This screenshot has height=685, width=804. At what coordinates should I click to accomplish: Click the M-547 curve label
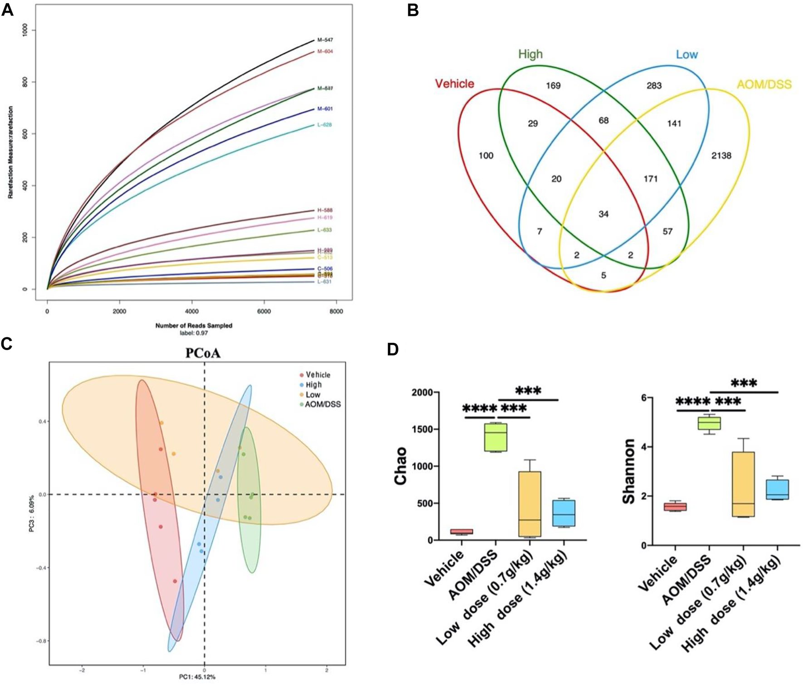pyautogui.click(x=325, y=40)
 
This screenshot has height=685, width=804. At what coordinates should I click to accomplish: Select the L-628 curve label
pyautogui.click(x=324, y=125)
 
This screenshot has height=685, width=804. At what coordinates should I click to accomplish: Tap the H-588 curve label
pyautogui.click(x=325, y=210)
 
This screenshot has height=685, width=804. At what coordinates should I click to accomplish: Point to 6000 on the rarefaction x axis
pyautogui.click(x=264, y=312)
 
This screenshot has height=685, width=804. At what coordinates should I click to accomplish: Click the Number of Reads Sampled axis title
pyautogui.click(x=194, y=326)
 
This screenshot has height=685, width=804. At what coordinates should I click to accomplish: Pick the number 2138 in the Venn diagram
pyautogui.click(x=721, y=156)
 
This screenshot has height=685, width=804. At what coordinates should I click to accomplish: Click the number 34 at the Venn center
pyautogui.click(x=603, y=214)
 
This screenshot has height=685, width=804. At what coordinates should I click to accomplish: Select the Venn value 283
pyautogui.click(x=654, y=85)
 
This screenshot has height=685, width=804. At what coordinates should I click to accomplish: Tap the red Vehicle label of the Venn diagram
pyautogui.click(x=454, y=84)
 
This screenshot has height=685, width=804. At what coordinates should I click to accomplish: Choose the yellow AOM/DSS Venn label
pyautogui.click(x=764, y=84)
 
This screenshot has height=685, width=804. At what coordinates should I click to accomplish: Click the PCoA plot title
pyautogui.click(x=203, y=353)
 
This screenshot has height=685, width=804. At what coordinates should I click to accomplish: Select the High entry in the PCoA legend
pyautogui.click(x=314, y=385)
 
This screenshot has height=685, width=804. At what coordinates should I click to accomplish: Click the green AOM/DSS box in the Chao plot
pyautogui.click(x=495, y=437)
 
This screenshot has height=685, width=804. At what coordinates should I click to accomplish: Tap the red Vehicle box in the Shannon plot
pyautogui.click(x=675, y=506)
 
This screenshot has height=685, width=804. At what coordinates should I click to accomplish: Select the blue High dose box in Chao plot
pyautogui.click(x=563, y=513)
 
